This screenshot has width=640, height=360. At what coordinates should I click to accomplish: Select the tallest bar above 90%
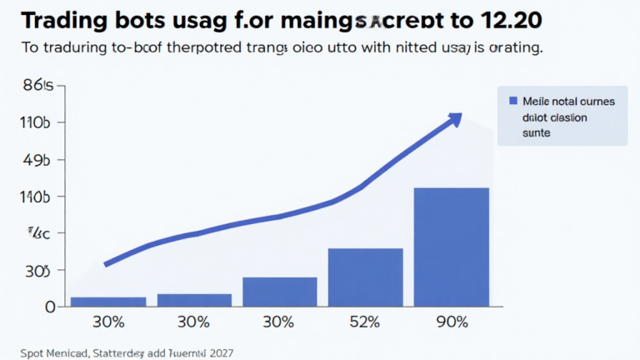452,247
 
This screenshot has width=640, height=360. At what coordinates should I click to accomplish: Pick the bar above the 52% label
365,277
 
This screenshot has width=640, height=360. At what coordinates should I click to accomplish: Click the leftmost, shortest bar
108,301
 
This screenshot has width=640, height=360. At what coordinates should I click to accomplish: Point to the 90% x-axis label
451,322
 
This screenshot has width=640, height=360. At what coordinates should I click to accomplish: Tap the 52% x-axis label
365,322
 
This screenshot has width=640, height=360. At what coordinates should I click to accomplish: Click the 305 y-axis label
38,271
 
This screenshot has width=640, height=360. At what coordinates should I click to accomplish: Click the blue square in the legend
513,101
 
